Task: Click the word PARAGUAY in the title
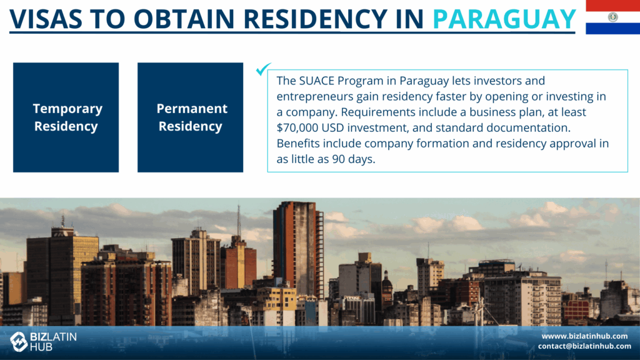[504, 19]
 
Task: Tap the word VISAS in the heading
[46, 19]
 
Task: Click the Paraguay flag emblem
[612, 17]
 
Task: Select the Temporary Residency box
[66, 117]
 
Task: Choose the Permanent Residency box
[190, 117]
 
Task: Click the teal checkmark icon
[263, 69]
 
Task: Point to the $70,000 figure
[297, 127]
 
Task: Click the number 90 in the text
[338, 159]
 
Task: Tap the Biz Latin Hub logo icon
[18, 341]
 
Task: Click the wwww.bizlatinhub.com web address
[584, 336]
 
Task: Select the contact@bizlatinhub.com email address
[584, 346]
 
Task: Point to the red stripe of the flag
[612, 5]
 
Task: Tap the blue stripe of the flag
[612, 29]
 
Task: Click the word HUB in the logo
[41, 347]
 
